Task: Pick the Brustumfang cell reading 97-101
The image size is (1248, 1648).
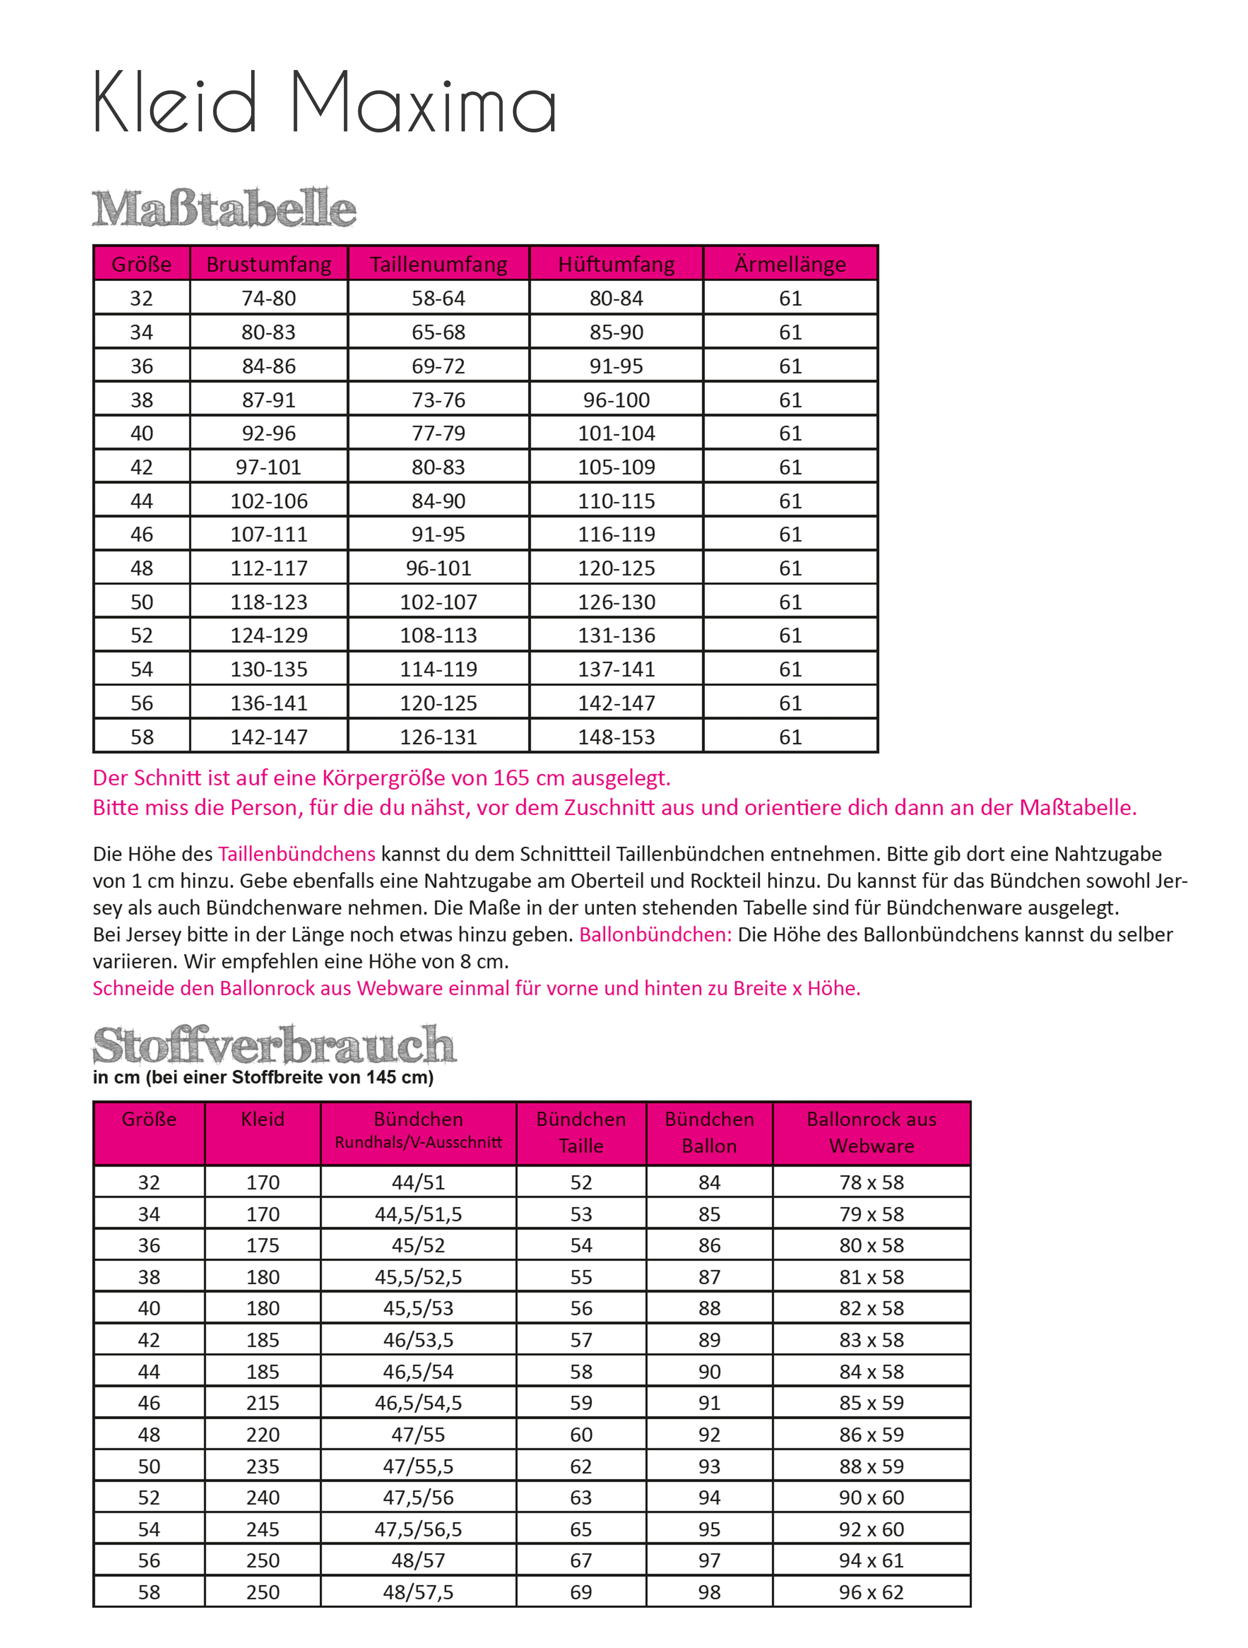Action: coord(268,467)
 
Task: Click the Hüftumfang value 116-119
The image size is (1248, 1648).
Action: coord(616,534)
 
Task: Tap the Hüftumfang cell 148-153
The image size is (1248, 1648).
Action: coord(616,737)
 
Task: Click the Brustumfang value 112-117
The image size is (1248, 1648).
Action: coord(268,568)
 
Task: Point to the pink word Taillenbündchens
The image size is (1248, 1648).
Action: coord(297,854)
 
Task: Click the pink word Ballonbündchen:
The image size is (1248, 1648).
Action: coord(656,934)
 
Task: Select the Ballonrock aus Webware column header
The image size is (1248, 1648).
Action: coord(871,1133)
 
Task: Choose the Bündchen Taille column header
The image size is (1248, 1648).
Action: coord(581,1133)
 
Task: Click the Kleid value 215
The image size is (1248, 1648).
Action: coord(263,1403)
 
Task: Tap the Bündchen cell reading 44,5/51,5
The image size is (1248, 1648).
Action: coord(418,1214)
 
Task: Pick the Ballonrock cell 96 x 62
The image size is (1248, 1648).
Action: coord(871,1592)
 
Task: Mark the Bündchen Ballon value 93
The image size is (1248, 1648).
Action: coord(710,1466)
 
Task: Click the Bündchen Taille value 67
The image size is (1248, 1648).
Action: coord(581,1560)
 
